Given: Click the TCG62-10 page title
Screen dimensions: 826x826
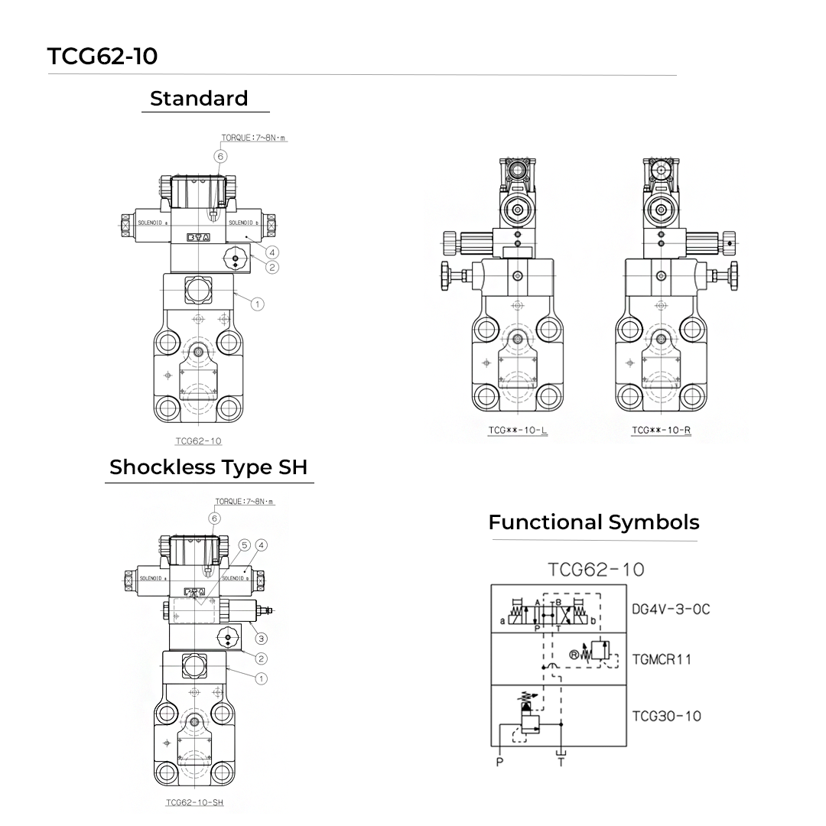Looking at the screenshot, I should click(102, 57).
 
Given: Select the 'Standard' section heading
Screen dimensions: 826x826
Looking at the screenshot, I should click(199, 99).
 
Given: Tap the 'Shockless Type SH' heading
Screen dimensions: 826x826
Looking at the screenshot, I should click(209, 467).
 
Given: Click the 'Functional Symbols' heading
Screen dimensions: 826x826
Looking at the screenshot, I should click(593, 522).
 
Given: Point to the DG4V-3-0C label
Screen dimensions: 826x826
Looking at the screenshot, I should click(671, 610).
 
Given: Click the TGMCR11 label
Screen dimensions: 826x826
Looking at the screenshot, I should click(662, 659).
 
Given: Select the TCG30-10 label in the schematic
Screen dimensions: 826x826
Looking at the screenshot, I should click(666, 717).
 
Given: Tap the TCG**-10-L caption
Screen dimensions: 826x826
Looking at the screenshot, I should click(518, 431).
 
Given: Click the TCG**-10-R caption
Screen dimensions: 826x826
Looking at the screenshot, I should click(661, 431).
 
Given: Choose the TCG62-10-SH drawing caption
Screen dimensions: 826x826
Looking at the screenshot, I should click(194, 803).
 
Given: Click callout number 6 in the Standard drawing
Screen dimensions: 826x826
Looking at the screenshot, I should click(220, 156).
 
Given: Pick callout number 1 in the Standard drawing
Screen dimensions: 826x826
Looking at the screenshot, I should click(257, 304).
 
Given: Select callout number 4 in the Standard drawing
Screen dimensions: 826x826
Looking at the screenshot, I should click(272, 252).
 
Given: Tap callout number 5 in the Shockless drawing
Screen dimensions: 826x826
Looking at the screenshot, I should click(245, 545).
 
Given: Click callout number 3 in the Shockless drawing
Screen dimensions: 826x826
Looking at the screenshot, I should click(261, 639).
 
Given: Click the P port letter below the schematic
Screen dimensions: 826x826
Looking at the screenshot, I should click(499, 763).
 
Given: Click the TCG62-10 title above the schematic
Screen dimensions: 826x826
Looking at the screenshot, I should click(596, 569).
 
